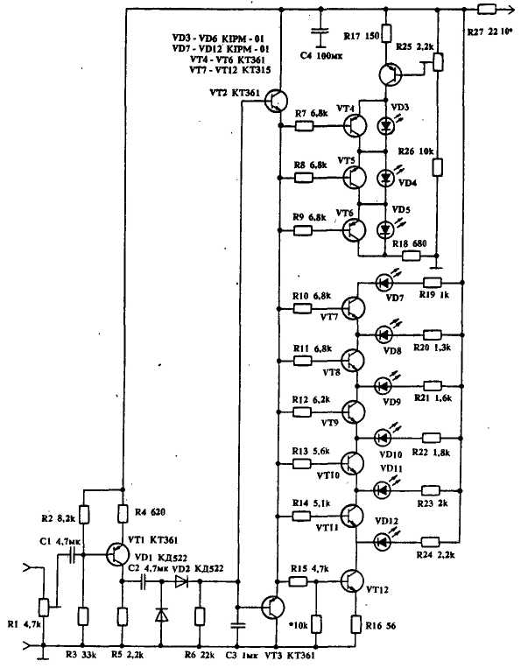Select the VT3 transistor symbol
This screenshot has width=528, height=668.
click(272, 608)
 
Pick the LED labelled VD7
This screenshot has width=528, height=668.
click(384, 282)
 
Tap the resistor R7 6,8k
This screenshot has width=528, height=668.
click(305, 126)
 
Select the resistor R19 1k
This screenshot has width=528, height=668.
click(432, 282)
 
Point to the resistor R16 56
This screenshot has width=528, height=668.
click(358, 623)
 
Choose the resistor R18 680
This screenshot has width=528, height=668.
click(410, 256)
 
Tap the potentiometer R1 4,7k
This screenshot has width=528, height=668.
click(44, 606)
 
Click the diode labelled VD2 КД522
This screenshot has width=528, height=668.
click(182, 580)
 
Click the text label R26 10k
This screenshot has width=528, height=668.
click(416, 151)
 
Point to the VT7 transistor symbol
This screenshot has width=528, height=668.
click(354, 308)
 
